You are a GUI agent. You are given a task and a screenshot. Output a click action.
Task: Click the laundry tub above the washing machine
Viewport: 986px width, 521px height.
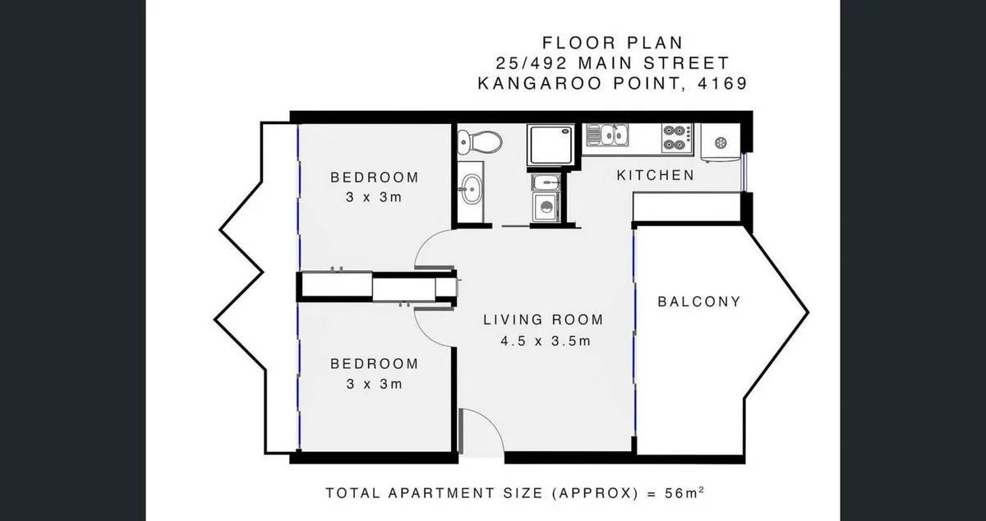545,182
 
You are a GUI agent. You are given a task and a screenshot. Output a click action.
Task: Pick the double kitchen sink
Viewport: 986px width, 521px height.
607,134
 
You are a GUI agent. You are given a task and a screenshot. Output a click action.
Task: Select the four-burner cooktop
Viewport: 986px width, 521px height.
675,137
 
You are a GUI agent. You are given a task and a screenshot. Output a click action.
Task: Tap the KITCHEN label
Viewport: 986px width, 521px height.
655,175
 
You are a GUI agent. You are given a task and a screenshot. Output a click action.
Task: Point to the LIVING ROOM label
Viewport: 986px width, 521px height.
543,320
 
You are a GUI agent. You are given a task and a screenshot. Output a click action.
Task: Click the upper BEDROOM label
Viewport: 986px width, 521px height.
374,177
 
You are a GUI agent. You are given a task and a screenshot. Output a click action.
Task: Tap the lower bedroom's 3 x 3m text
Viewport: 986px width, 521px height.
374,384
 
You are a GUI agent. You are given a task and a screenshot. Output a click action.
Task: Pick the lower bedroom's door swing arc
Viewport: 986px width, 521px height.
432,325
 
